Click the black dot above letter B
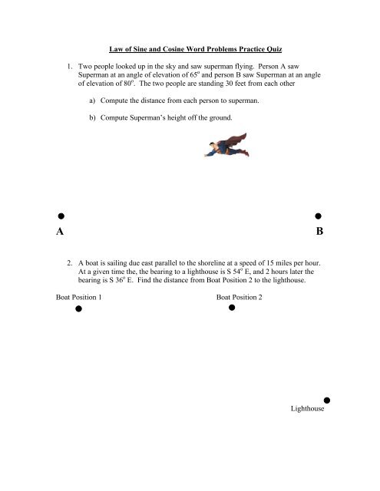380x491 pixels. click(x=318, y=218)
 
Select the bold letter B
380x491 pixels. click(x=319, y=232)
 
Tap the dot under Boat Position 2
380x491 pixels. click(x=232, y=308)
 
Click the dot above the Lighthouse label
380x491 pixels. click(x=327, y=400)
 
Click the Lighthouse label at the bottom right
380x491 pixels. click(x=308, y=410)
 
